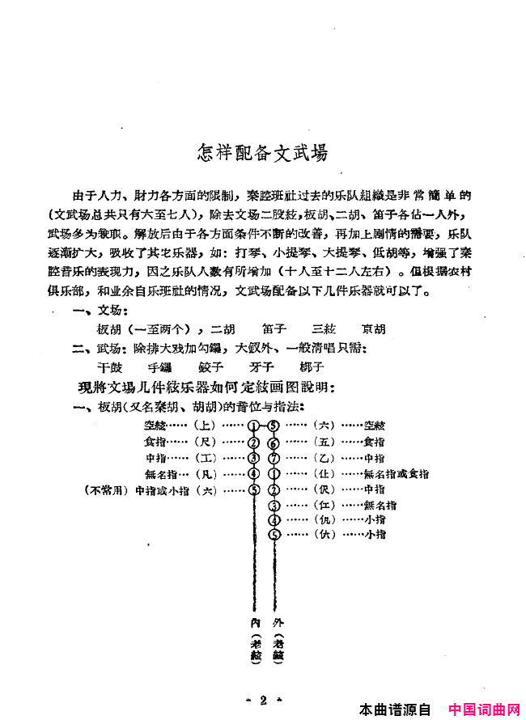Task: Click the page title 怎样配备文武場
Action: (263, 152)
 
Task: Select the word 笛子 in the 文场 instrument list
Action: (274, 330)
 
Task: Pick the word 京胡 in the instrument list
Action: (374, 330)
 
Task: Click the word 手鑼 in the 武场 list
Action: (161, 366)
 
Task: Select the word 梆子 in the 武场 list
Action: (311, 366)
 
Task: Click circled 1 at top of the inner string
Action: (253, 426)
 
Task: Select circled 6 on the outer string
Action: (273, 443)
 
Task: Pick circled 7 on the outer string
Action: (273, 458)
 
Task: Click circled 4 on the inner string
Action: (253, 473)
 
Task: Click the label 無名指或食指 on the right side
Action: (397, 474)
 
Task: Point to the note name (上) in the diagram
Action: (206, 426)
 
